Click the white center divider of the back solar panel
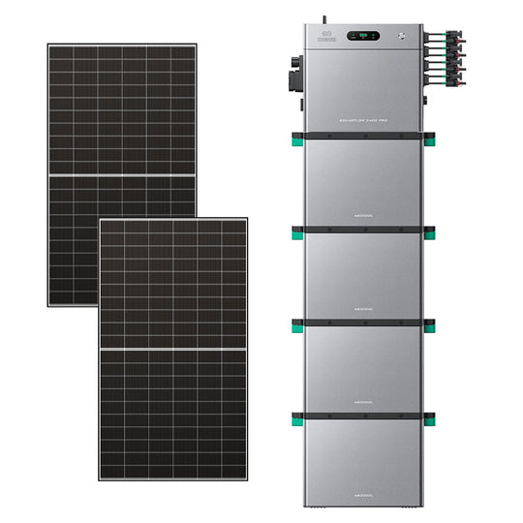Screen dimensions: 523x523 click(x=122, y=175)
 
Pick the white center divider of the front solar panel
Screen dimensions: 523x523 click(x=171, y=347)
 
